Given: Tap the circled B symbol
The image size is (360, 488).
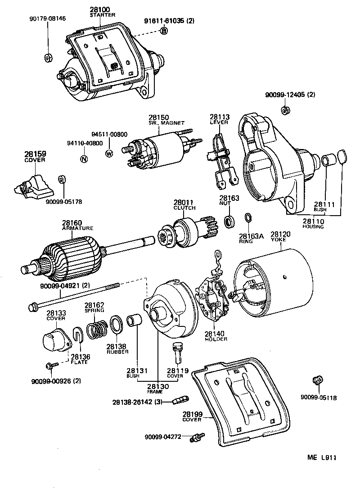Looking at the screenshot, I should (164, 31).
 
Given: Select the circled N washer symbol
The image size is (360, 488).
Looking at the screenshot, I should (83, 158).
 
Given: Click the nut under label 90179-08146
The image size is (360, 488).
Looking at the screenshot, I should (47, 58).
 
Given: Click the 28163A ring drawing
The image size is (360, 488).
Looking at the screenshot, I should (247, 218).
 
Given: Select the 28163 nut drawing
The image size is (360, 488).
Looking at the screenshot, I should (229, 220).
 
